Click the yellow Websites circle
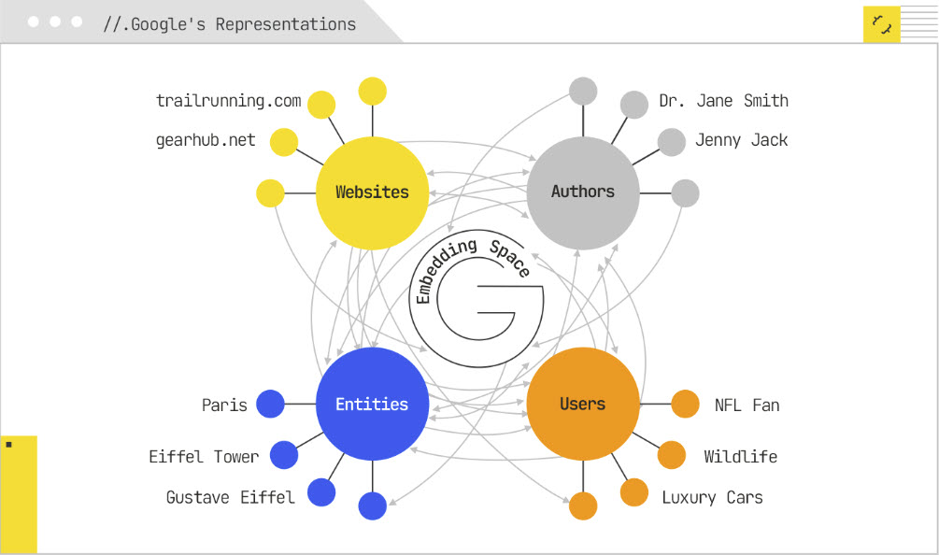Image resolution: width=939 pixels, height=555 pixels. click(372, 192)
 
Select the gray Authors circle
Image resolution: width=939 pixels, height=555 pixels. click(583, 192)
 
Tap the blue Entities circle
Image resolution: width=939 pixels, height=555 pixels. click(372, 404)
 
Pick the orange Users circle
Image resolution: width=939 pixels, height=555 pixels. click(583, 404)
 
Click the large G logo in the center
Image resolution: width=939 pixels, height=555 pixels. click(477, 299)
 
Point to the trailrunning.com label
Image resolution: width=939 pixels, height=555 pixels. click(228, 101)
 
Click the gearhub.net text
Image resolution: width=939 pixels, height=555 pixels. click(205, 140)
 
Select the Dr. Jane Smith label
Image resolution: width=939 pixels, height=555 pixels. click(723, 101)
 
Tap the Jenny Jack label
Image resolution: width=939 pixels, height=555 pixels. click(741, 140)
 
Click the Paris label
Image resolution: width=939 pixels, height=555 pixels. click(224, 405)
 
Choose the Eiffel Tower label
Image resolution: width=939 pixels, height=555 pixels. click(204, 457)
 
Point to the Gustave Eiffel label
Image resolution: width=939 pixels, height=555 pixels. click(230, 497)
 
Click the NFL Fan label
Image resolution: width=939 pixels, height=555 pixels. click(747, 405)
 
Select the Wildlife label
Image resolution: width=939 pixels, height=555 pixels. click(740, 457)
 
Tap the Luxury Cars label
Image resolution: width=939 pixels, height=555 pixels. click(712, 497)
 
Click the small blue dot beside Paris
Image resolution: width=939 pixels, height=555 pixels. click(270, 404)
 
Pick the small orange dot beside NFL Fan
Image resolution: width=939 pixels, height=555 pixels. click(685, 404)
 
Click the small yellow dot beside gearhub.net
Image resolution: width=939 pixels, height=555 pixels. click(283, 143)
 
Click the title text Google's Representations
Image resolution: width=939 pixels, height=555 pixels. click(229, 24)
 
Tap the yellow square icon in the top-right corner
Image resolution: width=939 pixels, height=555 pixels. click(881, 24)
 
